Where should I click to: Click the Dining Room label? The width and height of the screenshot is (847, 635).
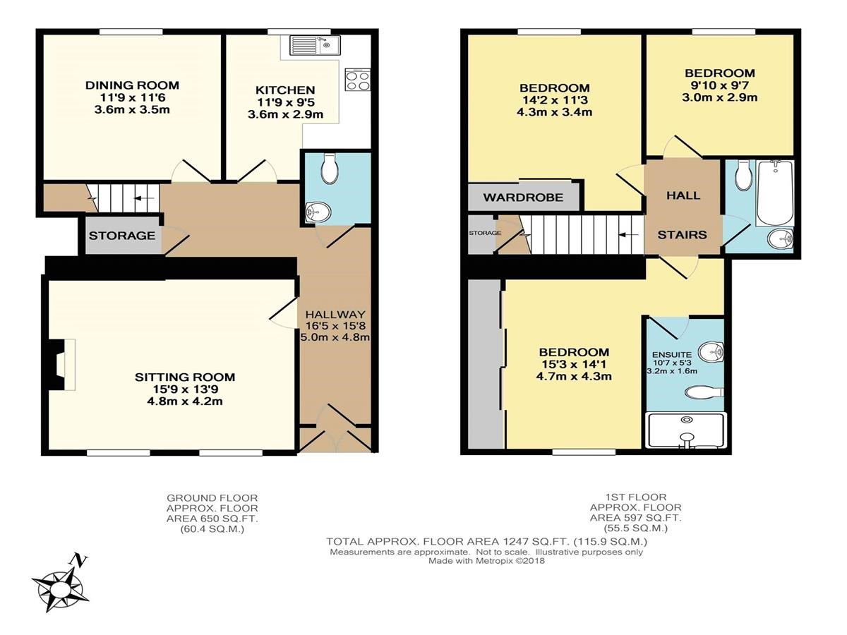132,85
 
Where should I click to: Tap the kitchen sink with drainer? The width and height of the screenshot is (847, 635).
315,46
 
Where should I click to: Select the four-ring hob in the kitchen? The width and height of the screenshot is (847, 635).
358,80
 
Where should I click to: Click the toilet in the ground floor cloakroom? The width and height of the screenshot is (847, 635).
330,168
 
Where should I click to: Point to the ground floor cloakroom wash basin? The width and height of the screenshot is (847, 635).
318,212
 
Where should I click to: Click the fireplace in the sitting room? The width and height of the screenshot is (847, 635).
60,365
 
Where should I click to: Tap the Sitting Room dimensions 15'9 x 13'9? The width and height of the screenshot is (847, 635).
185,389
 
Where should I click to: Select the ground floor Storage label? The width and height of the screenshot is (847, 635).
122,236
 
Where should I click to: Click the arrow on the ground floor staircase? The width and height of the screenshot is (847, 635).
144,198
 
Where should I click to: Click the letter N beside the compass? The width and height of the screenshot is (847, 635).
80,560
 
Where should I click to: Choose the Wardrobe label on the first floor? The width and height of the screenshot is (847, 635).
523,198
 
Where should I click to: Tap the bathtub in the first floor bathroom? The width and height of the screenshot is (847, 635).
775,193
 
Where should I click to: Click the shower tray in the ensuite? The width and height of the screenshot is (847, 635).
686,430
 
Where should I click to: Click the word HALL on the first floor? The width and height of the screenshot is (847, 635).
683,195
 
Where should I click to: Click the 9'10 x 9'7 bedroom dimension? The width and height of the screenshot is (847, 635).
720,85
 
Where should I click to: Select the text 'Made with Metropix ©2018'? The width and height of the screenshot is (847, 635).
486,561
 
